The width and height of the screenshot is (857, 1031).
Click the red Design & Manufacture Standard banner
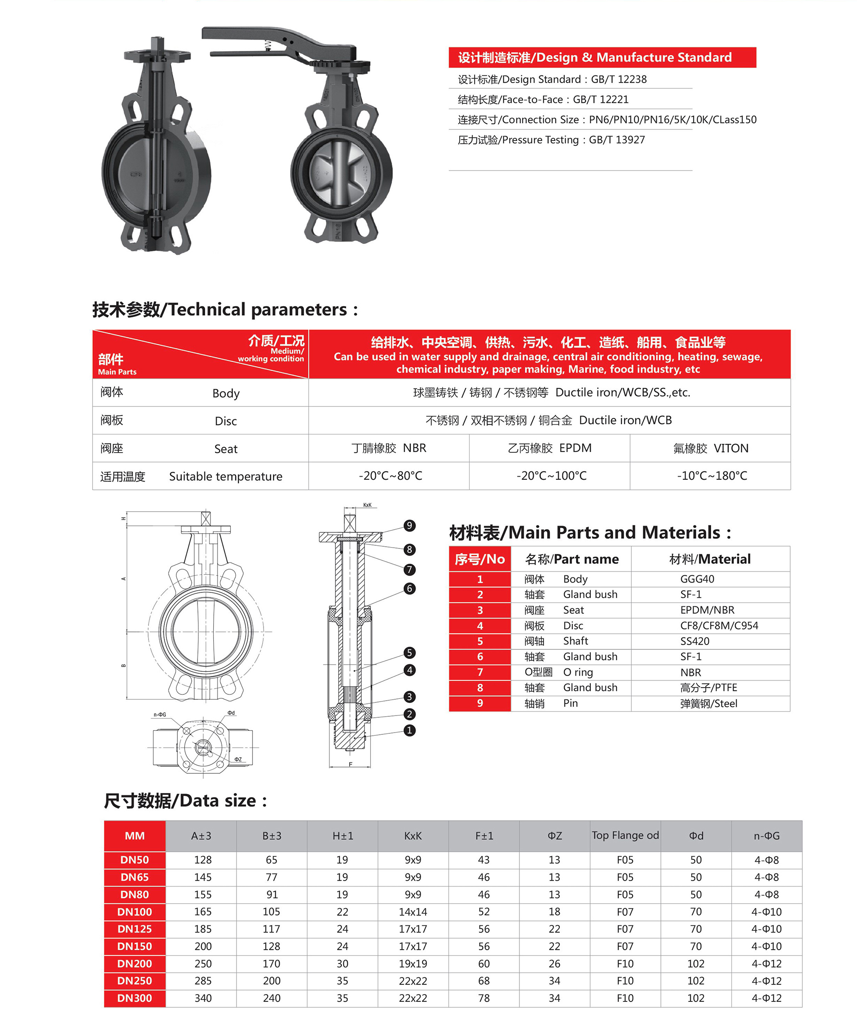pos(602,57)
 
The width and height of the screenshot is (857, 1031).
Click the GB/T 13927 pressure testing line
pos(551,140)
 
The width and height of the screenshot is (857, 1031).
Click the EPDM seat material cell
pos(549,448)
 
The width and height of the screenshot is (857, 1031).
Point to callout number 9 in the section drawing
pos(409,526)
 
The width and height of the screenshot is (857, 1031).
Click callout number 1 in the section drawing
pos(409,731)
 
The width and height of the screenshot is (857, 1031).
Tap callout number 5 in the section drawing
pos(409,653)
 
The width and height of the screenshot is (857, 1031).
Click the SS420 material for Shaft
pos(694,641)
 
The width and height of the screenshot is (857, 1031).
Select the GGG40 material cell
pos(697,579)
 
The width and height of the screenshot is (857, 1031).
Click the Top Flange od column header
pos(625,836)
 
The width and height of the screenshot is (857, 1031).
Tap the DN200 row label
pos(135,964)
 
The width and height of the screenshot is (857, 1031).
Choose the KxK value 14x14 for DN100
pos(413,912)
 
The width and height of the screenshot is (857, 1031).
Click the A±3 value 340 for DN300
pos(203,998)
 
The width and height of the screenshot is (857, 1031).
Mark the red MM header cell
pos(135,836)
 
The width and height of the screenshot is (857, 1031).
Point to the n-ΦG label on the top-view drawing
pos(160,715)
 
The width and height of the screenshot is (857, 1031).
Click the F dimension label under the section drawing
pos(350,764)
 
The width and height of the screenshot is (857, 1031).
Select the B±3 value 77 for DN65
pos(271,877)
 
